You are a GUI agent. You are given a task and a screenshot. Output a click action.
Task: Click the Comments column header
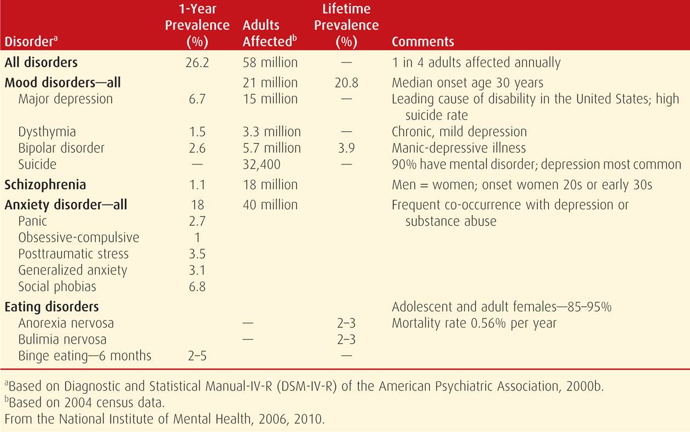tap(423, 42)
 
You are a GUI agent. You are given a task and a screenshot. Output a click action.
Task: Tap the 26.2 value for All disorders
tap(197, 63)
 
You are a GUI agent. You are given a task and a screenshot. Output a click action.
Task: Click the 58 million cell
tap(270, 63)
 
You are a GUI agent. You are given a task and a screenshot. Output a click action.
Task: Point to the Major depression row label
tap(66, 99)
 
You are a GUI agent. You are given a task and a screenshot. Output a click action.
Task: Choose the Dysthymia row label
tap(47, 132)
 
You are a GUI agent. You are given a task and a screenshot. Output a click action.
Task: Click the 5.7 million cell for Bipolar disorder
tap(272, 148)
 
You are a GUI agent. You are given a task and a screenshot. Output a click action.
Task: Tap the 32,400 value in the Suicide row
tap(261, 165)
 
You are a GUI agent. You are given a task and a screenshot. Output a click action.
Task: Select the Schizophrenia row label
tap(45, 185)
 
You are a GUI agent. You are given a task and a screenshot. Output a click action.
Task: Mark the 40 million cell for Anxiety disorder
tap(270, 205)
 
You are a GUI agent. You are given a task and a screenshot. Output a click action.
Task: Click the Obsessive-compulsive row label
tap(79, 238)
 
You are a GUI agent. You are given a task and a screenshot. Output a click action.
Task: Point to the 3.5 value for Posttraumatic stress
tap(197, 254)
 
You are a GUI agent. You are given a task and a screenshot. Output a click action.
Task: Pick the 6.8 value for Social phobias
tap(197, 287)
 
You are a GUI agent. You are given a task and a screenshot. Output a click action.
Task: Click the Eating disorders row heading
tap(51, 307)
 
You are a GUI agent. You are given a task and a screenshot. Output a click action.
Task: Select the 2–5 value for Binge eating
tap(197, 357)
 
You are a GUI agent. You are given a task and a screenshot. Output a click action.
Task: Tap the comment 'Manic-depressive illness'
tap(459, 148)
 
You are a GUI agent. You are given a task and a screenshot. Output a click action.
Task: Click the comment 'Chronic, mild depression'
tap(459, 132)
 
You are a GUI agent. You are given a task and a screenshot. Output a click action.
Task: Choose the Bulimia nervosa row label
tap(62, 340)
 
